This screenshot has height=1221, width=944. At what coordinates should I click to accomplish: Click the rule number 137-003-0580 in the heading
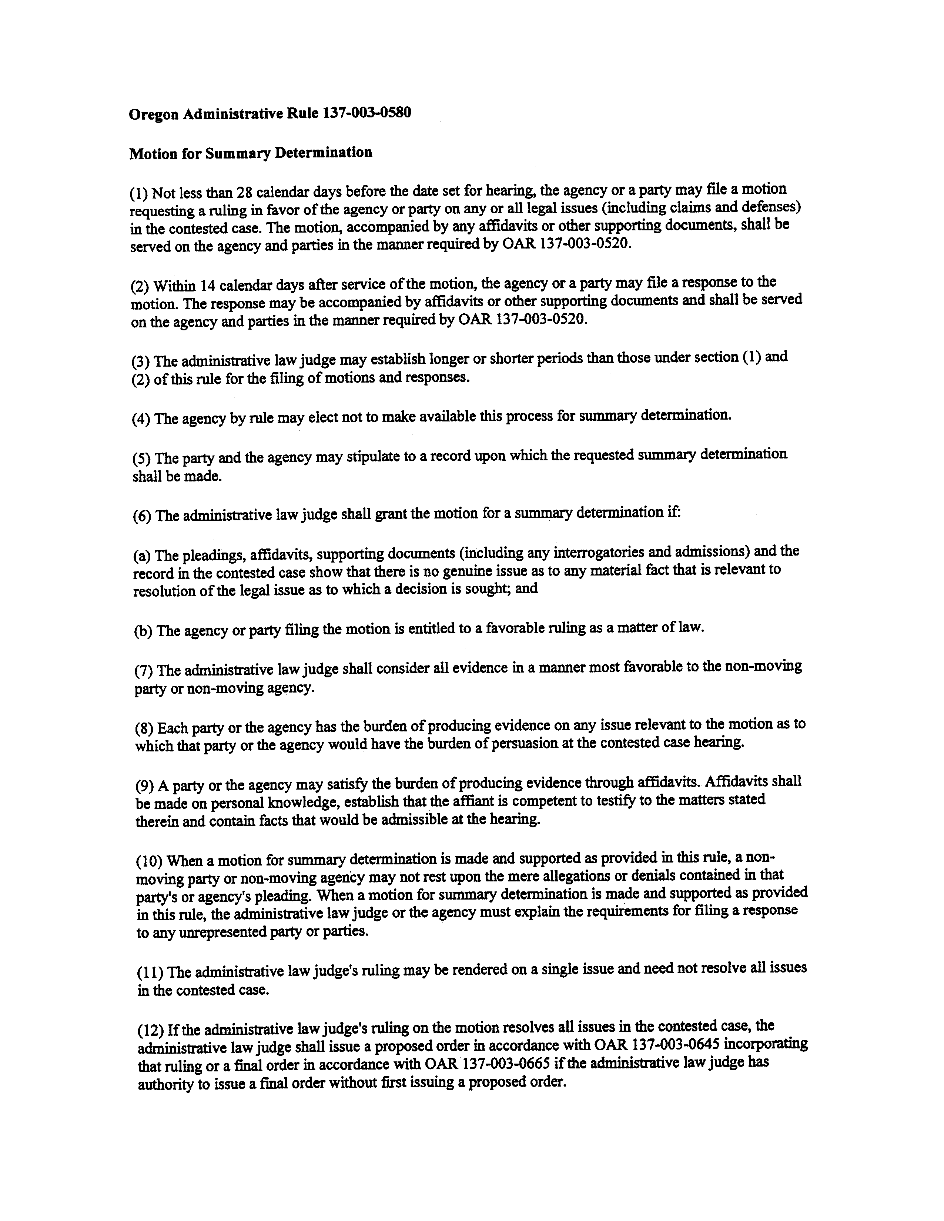point(366,113)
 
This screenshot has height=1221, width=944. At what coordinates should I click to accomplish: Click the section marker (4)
point(140,419)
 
